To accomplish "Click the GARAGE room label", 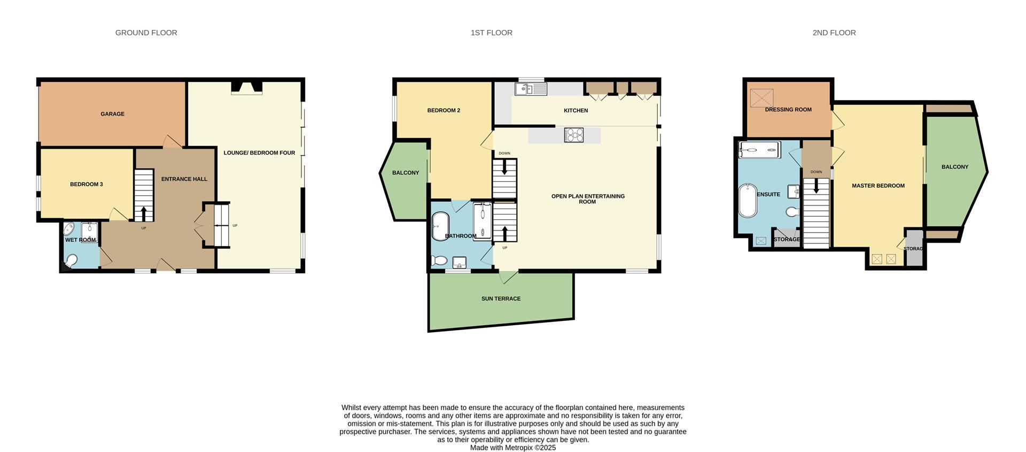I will (x=112, y=114).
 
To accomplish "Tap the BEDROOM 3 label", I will (x=86, y=185).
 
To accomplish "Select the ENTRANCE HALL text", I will (x=184, y=179).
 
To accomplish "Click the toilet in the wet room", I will (x=71, y=261).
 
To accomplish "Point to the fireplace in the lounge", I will (x=246, y=88).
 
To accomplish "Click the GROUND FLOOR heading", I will (x=146, y=33).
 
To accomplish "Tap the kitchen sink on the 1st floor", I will (x=530, y=89).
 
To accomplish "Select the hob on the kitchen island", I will (x=573, y=135).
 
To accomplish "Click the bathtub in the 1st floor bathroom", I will (x=440, y=226).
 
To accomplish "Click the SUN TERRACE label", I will (x=501, y=299).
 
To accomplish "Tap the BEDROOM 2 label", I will (x=444, y=111).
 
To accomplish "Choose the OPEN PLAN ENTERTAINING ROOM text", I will (x=588, y=199).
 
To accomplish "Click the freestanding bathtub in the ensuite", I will (x=748, y=201).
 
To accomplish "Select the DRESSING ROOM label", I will (x=788, y=110).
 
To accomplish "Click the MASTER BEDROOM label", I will (x=878, y=186).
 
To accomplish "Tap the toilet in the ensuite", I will (x=792, y=212).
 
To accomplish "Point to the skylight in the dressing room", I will (x=761, y=98).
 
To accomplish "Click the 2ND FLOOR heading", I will (x=834, y=33).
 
